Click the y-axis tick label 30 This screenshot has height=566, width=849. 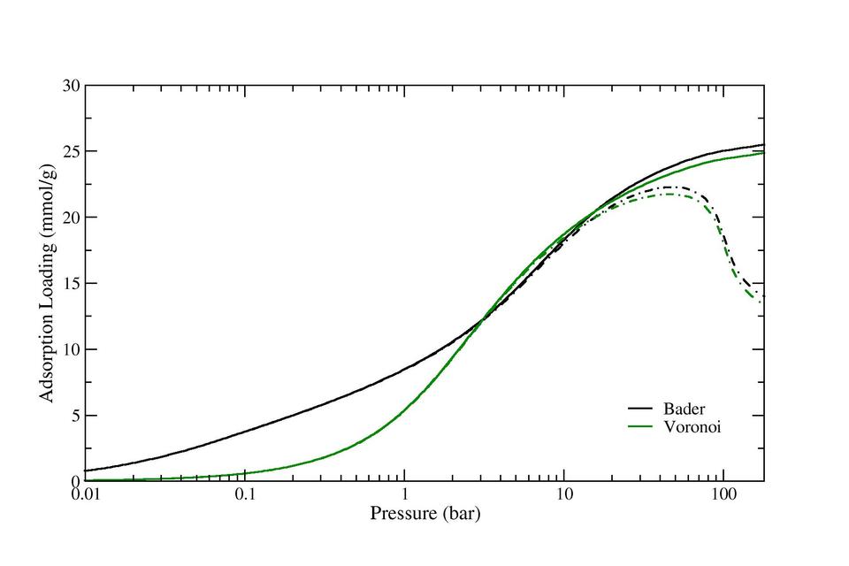click(72, 86)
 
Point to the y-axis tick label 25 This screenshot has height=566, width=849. click(72, 151)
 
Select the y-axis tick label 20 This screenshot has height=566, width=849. click(72, 218)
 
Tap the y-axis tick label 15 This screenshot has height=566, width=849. click(72, 283)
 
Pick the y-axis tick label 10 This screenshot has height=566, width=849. click(72, 349)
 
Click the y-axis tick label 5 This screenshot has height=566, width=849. click(75, 415)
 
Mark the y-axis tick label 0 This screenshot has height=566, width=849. click(75, 481)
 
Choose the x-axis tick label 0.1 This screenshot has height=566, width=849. click(245, 496)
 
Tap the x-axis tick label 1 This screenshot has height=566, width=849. click(405, 496)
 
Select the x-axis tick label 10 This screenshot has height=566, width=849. click(564, 496)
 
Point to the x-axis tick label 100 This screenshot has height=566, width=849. click(723, 496)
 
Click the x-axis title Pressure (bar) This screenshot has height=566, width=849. click(424, 513)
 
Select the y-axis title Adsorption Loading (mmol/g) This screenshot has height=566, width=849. click(48, 283)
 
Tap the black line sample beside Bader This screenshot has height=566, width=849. click(640, 409)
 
